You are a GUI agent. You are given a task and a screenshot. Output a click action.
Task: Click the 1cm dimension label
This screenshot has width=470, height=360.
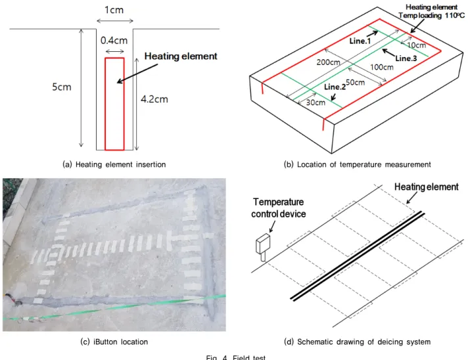(114, 10)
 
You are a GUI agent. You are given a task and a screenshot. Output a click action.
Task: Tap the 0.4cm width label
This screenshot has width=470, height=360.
(114, 41)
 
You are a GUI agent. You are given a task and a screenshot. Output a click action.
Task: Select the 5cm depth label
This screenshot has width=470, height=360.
(62, 87)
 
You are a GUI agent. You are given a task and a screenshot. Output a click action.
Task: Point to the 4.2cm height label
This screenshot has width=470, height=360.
(154, 99)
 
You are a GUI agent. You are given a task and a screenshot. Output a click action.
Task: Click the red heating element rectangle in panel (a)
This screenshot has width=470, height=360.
(105, 104)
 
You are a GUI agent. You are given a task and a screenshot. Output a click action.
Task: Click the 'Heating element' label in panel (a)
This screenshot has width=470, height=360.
(181, 56)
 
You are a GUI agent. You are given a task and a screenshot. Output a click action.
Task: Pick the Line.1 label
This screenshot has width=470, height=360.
(360, 41)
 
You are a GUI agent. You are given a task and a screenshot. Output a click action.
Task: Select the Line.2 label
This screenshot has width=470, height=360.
(335, 87)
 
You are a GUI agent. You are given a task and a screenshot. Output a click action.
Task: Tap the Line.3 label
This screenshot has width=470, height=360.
(406, 58)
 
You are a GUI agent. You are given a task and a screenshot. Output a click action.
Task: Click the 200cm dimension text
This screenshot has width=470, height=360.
(328, 62)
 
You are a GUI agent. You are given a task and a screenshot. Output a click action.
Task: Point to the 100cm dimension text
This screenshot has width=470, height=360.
(381, 67)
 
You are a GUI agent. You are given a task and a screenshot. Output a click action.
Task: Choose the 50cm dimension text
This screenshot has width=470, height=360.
(355, 82)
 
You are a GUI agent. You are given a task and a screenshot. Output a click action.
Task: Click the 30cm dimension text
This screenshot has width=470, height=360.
(316, 102)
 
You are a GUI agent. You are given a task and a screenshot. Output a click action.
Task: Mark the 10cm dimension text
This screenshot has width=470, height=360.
(416, 45)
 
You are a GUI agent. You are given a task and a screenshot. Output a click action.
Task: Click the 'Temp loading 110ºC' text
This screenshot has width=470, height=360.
(432, 15)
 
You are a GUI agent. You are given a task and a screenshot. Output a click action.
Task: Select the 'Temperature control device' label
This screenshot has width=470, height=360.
(279, 208)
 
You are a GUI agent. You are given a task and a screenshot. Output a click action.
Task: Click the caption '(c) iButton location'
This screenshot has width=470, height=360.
(114, 342)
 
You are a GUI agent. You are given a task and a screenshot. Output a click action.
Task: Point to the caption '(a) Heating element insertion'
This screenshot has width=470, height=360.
(114, 164)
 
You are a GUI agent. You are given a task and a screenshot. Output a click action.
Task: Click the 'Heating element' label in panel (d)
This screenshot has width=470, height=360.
(426, 187)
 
